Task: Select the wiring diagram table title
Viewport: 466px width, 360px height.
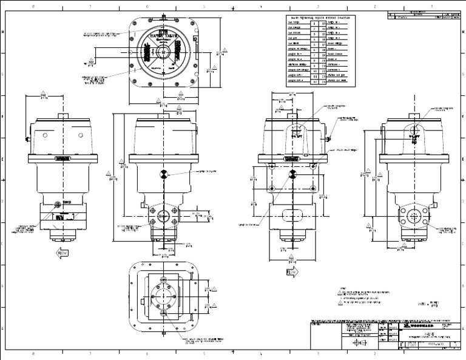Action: pyautogui.click(x=320, y=18)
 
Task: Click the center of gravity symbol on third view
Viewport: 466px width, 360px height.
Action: pyautogui.click(x=293, y=174)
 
